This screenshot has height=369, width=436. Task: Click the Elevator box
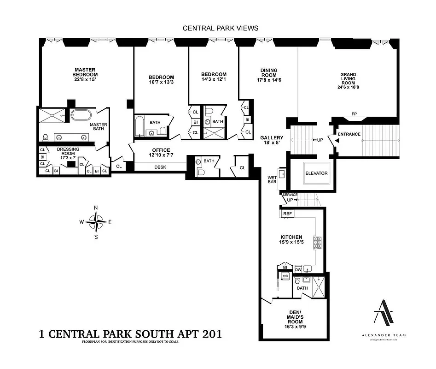click(x=316, y=173)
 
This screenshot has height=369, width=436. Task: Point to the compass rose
click(x=96, y=222)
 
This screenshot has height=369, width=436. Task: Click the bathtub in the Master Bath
click(x=82, y=115)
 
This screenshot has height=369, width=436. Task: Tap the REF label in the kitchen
click(x=287, y=214)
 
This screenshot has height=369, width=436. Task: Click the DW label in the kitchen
click(x=298, y=269)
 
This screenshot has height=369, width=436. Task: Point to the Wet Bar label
click(x=273, y=179)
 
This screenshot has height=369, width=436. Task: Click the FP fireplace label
click(x=354, y=113)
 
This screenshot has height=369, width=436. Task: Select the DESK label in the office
click(x=160, y=167)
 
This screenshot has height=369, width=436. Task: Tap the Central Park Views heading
click(x=221, y=28)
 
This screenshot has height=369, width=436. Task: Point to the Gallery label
click(x=272, y=138)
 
